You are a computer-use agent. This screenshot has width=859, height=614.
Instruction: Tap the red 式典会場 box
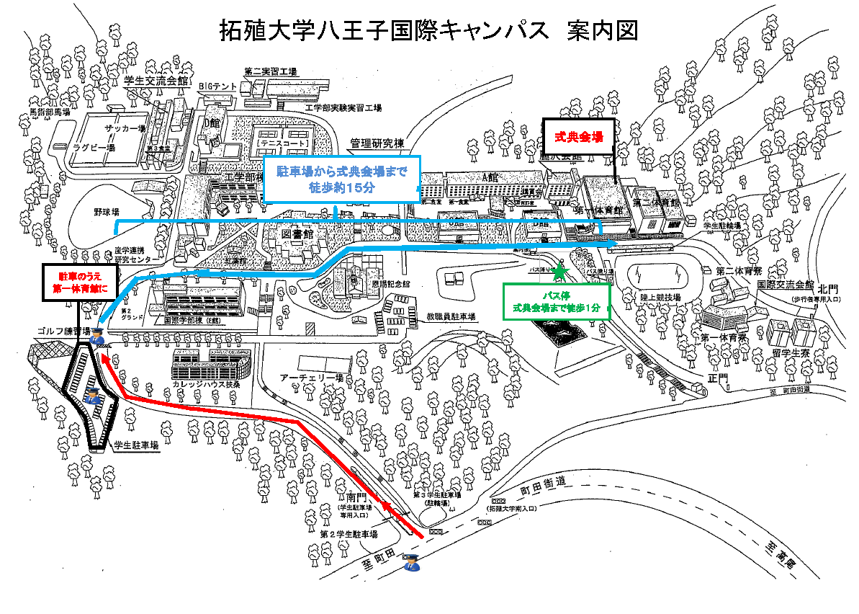tap(577, 135)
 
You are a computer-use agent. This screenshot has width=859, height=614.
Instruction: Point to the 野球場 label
tap(106, 213)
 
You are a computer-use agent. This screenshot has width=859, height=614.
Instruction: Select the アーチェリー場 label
tap(311, 378)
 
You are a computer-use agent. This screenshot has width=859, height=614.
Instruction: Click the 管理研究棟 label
tap(377, 143)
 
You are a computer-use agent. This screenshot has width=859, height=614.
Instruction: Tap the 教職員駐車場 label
tap(451, 316)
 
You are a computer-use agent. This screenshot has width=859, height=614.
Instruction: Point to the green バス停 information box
tap(556, 301)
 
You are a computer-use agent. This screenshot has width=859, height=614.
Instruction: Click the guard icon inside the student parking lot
tap(92, 394)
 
